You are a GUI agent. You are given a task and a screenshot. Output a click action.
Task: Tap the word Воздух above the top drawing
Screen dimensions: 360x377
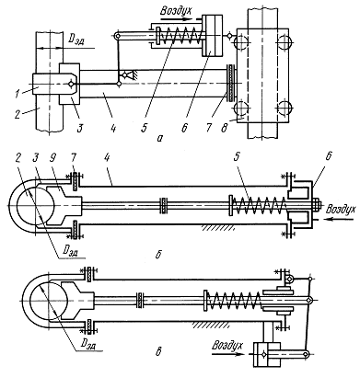(176, 10)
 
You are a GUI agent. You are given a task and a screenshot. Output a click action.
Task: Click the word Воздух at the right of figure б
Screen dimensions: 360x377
(341, 209)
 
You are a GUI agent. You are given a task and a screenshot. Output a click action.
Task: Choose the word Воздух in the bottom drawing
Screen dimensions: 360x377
(227, 345)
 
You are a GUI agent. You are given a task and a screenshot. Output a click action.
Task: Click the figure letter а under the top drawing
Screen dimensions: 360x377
(159, 139)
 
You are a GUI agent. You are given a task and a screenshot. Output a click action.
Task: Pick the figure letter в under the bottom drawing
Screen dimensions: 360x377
(158, 351)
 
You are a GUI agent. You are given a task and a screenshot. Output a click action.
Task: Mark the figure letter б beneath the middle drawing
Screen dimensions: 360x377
(158, 254)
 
